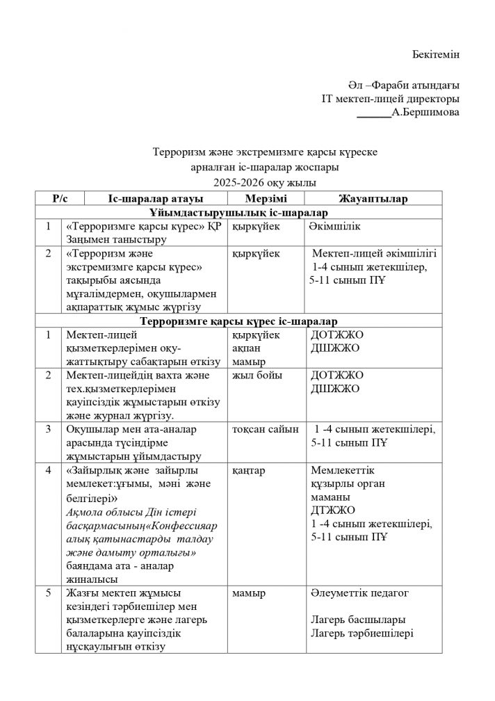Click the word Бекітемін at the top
(436, 54)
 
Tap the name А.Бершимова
(425, 111)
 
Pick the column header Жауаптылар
(373, 199)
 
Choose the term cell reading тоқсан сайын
(266, 429)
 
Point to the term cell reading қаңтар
(250, 470)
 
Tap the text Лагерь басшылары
(359, 620)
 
